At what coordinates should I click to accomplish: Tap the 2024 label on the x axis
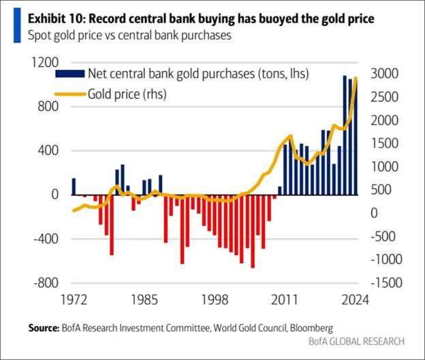[356, 299]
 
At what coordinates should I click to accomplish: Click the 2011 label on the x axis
[285, 299]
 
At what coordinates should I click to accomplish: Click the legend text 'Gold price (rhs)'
[127, 95]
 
